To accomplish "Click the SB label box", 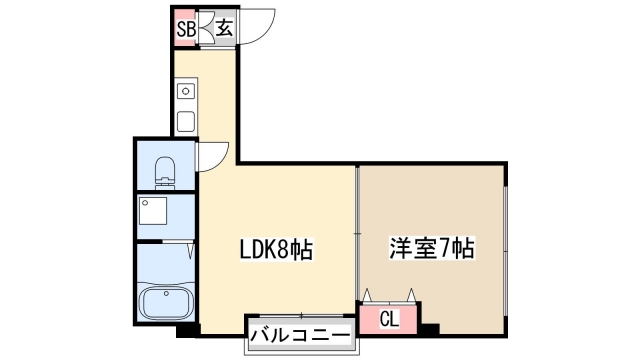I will (x=185, y=29).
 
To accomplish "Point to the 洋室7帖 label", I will (x=431, y=250).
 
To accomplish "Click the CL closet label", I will (x=390, y=320).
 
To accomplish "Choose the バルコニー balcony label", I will (x=300, y=335).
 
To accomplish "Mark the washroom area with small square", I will (x=165, y=214).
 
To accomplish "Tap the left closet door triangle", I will (x=370, y=294).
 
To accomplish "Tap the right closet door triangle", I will (x=410, y=294).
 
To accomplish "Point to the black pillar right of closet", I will (x=430, y=327).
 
